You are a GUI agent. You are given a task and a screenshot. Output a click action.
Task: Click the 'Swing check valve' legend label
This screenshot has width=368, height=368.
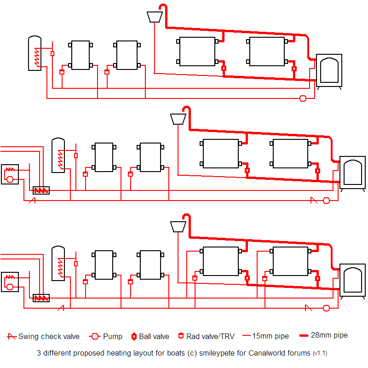coord(49,336)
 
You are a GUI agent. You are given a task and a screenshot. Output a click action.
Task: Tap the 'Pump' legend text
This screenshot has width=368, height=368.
coord(113,336)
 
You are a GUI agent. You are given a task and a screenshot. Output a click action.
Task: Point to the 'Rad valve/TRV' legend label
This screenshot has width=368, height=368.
coord(210,336)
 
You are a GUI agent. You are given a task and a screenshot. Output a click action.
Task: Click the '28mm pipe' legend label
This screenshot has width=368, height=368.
coord(329,335)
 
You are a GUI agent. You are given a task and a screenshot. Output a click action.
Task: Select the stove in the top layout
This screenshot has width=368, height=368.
coord(329,70)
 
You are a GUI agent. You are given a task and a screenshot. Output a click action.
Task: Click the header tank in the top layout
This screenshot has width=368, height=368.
coord(155,17)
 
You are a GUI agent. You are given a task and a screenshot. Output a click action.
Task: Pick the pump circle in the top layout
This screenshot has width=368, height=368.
coord(303,98)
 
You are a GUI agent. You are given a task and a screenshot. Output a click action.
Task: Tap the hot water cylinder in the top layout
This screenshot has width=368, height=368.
coord(35,52)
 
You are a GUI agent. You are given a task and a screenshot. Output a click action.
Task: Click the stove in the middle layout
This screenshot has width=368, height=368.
coord(352,173)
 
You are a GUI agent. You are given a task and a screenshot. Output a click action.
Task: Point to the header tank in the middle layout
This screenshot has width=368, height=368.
coord(178,119)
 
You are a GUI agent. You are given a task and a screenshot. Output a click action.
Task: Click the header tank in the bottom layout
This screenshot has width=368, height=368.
coord(178,226)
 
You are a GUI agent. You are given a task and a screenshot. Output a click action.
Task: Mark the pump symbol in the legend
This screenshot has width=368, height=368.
coord(95,336)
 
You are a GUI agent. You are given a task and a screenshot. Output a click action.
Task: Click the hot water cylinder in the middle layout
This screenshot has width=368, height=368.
coord(58,155)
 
